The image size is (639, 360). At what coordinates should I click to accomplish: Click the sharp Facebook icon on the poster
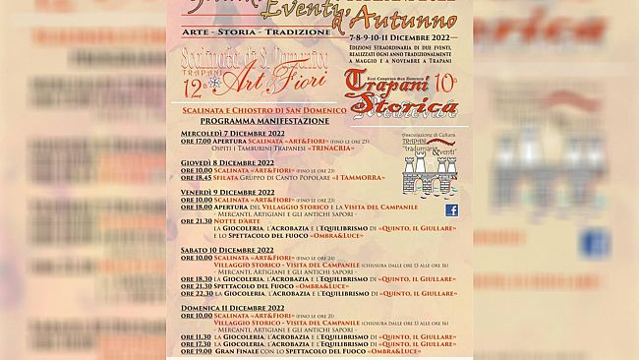click(x=451, y=210)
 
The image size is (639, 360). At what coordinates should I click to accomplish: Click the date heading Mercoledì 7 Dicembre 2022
click(x=234, y=133)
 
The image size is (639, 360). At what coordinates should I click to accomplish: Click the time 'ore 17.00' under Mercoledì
click(x=194, y=141)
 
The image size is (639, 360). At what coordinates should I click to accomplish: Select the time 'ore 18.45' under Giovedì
click(x=194, y=177)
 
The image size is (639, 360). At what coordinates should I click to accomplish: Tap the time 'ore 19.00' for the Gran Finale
click(x=194, y=350)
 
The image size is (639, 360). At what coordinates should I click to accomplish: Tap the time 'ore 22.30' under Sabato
click(x=194, y=293)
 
